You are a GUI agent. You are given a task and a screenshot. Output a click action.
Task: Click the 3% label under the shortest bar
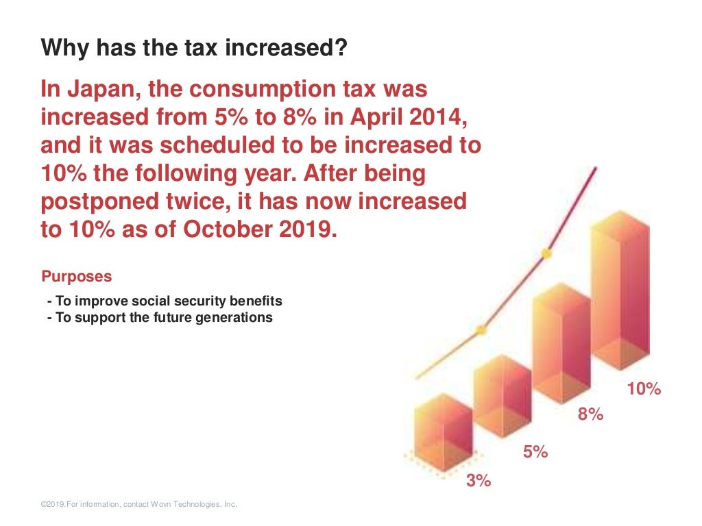pos(479,481)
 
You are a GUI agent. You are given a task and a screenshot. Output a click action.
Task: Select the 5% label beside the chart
pos(535,452)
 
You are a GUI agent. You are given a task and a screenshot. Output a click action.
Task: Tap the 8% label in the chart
pos(590,414)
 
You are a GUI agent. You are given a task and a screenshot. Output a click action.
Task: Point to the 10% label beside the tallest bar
pos(644,389)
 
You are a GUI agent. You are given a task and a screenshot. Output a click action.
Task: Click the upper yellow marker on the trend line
pos(546,253)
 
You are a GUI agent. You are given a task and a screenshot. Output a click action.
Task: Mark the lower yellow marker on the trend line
pos(481,329)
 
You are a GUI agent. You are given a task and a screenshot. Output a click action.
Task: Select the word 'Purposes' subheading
pos(77,277)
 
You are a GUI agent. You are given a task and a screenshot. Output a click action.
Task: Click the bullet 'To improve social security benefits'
pos(165,301)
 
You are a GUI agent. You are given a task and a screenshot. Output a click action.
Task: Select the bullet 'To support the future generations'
pos(160,318)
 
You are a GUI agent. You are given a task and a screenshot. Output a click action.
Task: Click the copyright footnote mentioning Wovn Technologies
pos(138,505)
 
